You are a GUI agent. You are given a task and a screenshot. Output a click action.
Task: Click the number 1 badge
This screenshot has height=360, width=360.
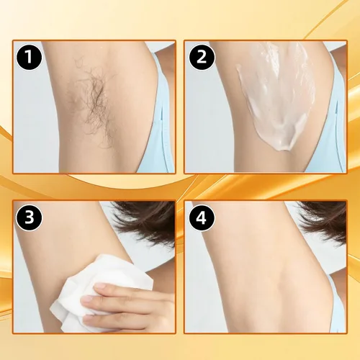[x=29, y=58]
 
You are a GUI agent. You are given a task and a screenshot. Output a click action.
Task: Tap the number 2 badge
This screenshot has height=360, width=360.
[x=202, y=58]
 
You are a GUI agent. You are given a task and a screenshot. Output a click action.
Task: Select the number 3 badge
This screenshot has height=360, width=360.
[x=29, y=217]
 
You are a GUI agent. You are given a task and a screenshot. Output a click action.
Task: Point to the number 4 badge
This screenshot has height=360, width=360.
[x=202, y=217]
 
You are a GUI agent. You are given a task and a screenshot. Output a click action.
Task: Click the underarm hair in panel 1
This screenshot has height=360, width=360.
[x=95, y=101]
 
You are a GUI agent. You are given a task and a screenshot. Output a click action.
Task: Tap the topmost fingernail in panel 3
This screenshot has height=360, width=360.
[x=100, y=286]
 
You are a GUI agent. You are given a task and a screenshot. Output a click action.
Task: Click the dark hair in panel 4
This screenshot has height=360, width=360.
[x=324, y=221]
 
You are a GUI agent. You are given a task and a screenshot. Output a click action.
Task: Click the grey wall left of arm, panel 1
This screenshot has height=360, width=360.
[x=34, y=120]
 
